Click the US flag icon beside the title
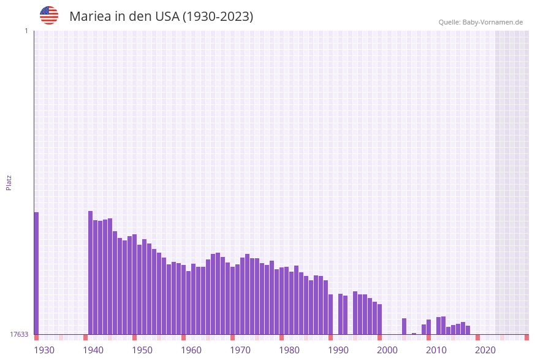pos(49,15)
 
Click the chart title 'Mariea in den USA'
pos(161,17)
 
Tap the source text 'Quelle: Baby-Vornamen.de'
pos(480,22)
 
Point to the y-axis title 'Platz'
pos(9,182)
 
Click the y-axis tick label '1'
pos(26,31)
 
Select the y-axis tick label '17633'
pos(18,334)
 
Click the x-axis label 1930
pos(44,350)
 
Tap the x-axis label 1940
pos(93,350)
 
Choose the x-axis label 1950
pos(142,350)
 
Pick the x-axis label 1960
pos(191,350)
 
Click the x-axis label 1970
pos(240,350)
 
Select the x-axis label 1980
pos(289,350)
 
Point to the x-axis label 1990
pos(338,350)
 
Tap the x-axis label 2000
pos(387,350)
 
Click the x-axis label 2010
pos(436,350)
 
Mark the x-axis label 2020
pos(485,350)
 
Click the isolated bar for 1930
pos(36,273)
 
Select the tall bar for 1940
pos(91,272)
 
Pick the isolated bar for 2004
pos(404,326)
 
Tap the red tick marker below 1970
pos(233,337)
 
